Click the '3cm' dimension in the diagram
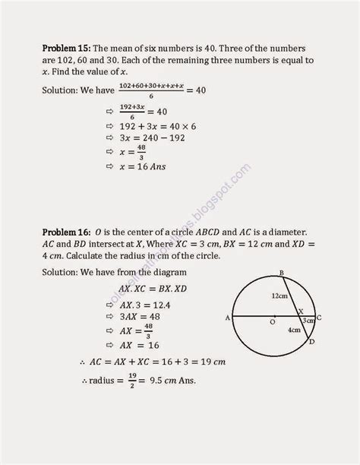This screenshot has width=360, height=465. click(309, 321)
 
